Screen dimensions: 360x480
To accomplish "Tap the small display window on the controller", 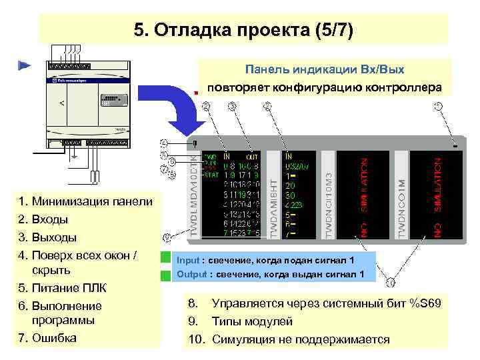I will coord(113,99).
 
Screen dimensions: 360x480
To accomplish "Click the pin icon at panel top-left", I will coord(194,143).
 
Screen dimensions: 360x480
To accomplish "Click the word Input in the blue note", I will coord(189,260).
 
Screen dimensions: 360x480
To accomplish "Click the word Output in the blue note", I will coord(191,274).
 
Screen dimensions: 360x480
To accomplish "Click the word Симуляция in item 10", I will coord(243,339).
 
